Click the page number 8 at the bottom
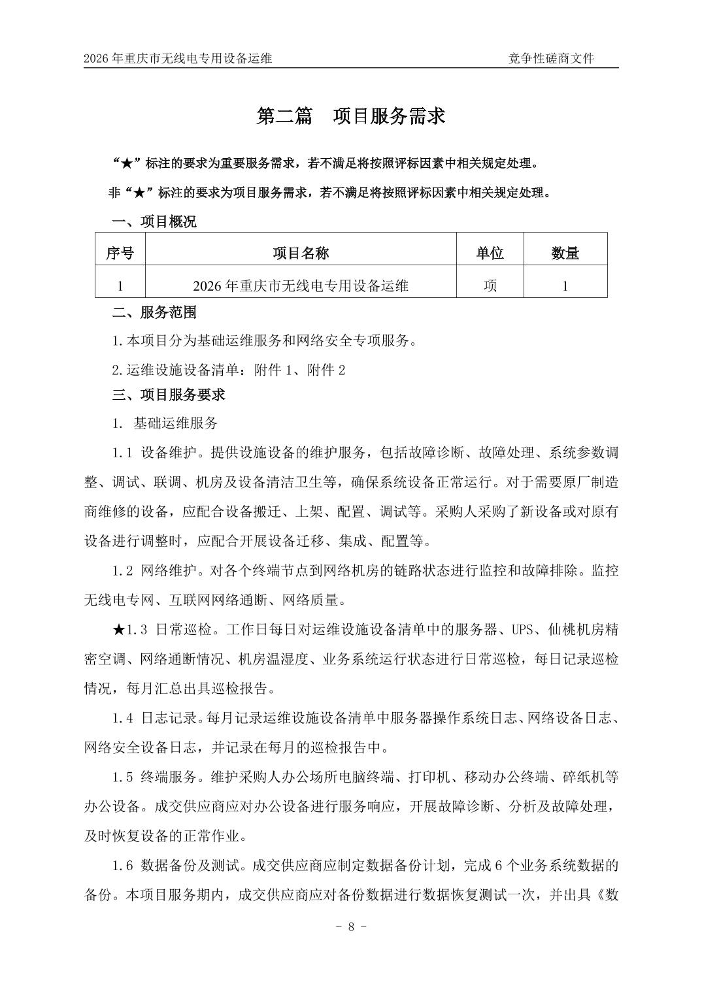coord(351,926)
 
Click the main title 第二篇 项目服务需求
coord(351,116)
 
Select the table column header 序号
coord(120,253)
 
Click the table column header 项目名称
coord(301,253)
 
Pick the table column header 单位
coord(490,253)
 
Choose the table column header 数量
coord(565,253)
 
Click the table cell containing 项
coord(490,285)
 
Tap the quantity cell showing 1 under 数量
coord(565,285)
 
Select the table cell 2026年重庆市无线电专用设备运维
coord(301,285)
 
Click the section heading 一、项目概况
coord(154,222)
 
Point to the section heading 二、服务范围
coord(154,312)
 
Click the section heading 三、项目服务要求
coord(169,395)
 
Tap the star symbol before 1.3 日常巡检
coord(118,630)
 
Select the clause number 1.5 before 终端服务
coord(123,777)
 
